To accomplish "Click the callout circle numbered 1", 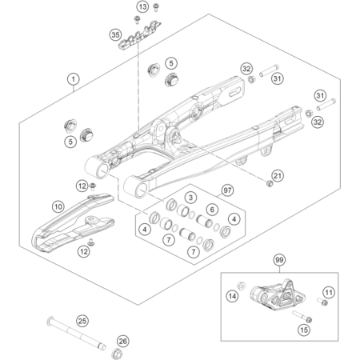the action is point(74,79).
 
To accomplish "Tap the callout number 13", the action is point(143,6).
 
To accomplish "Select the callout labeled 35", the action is point(115,35).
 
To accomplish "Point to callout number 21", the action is point(278,176).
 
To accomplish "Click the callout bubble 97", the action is point(227,190).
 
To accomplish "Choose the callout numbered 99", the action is point(279,260).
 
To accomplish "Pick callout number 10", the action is point(58,206).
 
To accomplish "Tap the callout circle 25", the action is point(82,321).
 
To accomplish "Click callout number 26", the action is point(123,341).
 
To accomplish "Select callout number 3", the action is point(190,198).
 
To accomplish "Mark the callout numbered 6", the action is point(212,210).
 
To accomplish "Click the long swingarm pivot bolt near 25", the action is point(76,334).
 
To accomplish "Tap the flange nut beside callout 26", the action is point(116,354).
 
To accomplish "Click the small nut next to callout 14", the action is point(242,286).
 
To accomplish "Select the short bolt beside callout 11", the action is point(322,302).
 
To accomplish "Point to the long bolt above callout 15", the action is point(302,317).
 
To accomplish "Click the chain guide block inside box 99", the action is point(278,295).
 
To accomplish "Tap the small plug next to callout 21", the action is point(270,183).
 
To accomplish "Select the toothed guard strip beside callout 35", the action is point(140,34).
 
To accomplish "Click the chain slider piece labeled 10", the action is point(73,222).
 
